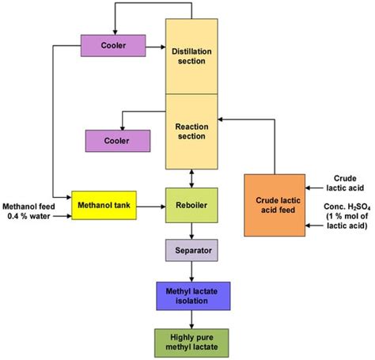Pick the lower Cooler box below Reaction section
pos(117,140)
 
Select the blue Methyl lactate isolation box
pos(190,294)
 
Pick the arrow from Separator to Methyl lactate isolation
pos(190,271)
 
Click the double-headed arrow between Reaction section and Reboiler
pos(190,178)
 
